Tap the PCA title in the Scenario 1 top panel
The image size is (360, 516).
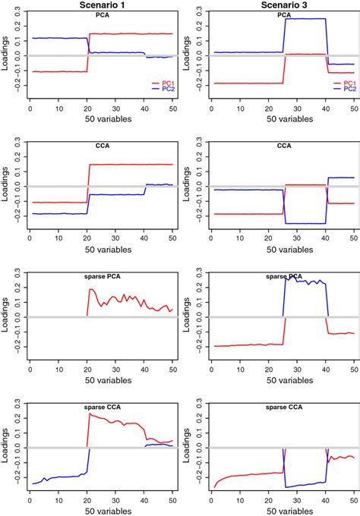[102, 14]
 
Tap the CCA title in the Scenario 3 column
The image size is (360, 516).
[284, 146]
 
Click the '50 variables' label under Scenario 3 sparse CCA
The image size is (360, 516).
[284, 511]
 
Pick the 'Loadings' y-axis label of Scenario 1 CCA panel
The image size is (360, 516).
[6, 186]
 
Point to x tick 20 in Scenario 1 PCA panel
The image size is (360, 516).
[87, 109]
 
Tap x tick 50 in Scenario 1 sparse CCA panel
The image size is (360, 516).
[172, 499]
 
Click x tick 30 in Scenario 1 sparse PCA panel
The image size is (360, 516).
[115, 370]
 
